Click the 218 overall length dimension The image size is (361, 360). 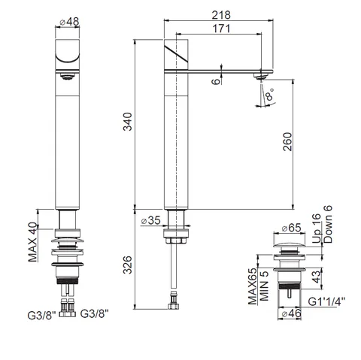(x=221, y=15)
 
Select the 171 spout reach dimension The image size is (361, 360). (x=221, y=29)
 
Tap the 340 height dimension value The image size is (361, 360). (x=128, y=122)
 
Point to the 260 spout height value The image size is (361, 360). (x=287, y=142)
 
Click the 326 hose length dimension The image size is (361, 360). (x=128, y=265)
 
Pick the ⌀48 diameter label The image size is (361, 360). (x=69, y=22)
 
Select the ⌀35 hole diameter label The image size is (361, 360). (x=150, y=220)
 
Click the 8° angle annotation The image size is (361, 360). (x=269, y=94)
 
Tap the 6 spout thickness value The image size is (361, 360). (x=216, y=81)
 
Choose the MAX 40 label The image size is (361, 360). (x=32, y=242)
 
